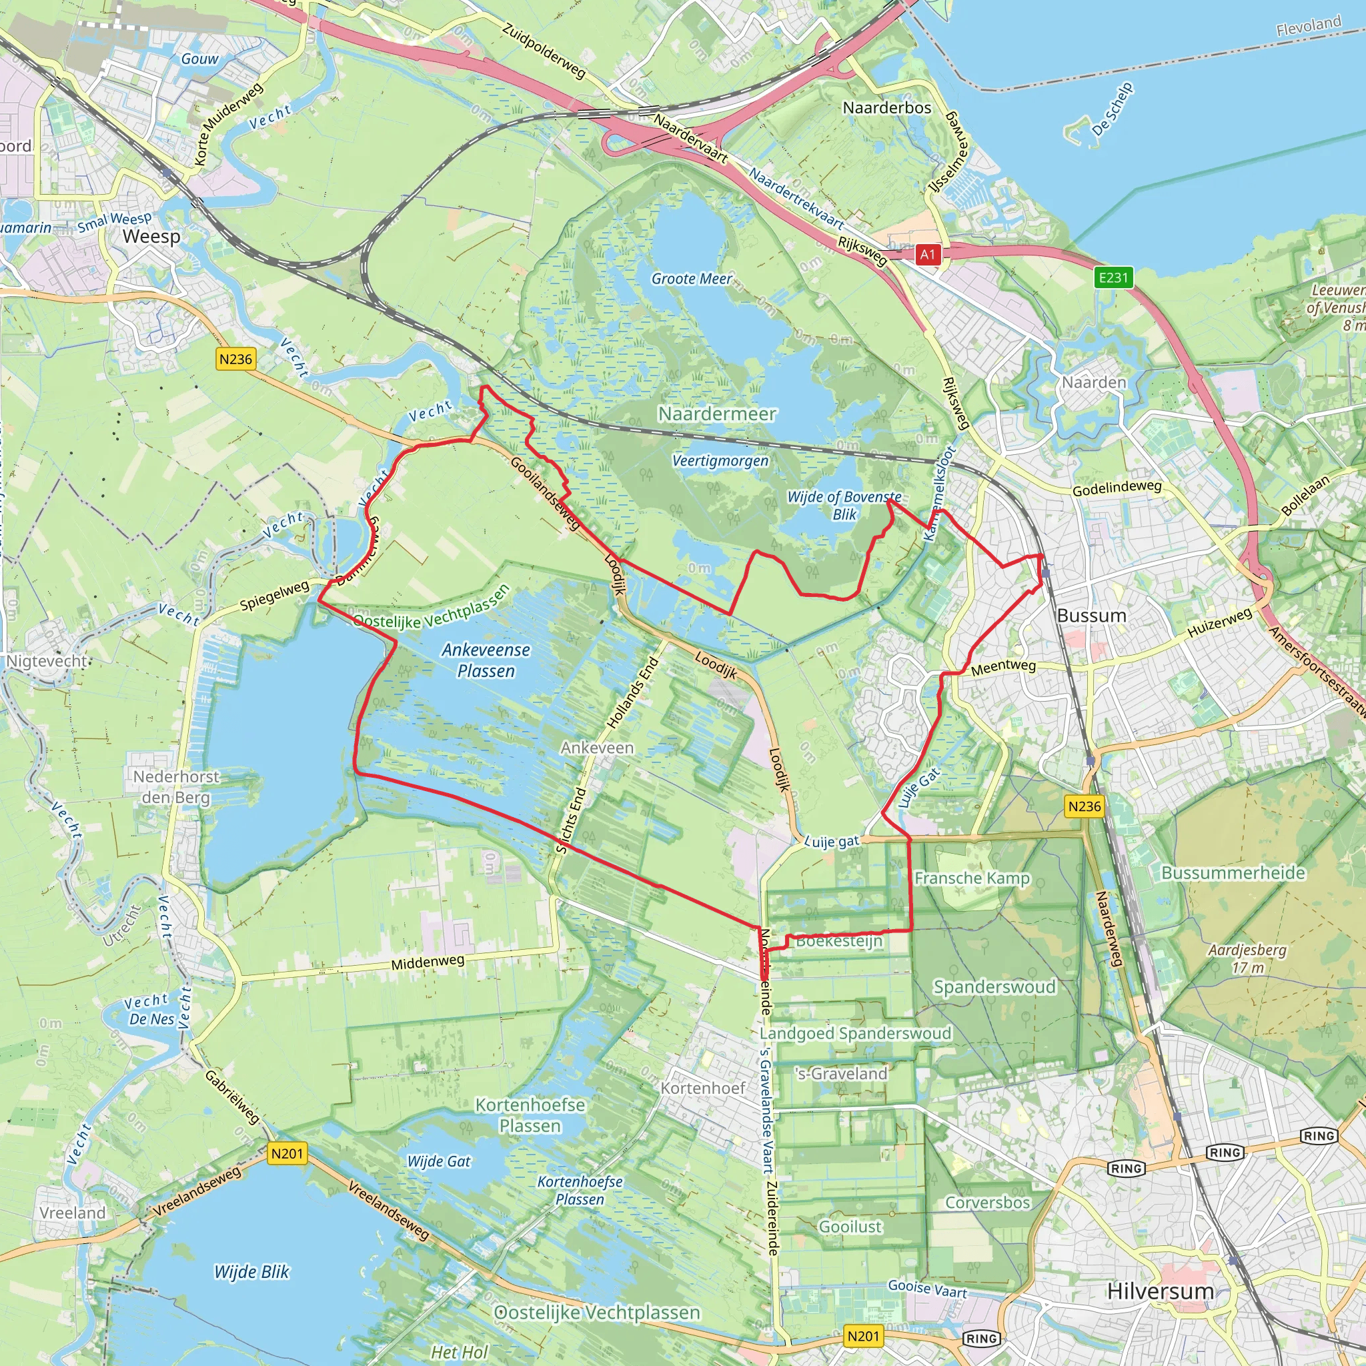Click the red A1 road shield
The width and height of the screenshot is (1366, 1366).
click(x=928, y=255)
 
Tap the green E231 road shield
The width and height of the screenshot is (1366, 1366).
click(x=1114, y=277)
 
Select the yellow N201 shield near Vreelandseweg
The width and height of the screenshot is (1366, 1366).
click(x=287, y=1154)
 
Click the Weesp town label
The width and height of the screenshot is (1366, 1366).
click(x=151, y=236)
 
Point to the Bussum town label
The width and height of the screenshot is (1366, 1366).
click(x=1091, y=615)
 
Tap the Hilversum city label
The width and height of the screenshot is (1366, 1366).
click(x=1161, y=1291)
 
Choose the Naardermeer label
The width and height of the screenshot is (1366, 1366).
click(x=717, y=414)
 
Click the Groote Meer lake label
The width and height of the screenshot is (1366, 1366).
click(x=692, y=279)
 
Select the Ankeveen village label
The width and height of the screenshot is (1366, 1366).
click(x=598, y=747)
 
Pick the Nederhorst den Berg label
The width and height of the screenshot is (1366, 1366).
click(x=176, y=787)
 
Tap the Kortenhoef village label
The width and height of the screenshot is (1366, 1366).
click(x=703, y=1087)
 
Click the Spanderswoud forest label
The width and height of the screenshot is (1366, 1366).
click(x=994, y=986)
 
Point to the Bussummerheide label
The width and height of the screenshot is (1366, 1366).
click(x=1233, y=872)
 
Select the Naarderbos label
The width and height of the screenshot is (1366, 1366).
click(x=886, y=107)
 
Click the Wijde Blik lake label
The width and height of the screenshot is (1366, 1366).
click(x=251, y=1272)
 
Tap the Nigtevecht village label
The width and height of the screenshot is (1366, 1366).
click(x=47, y=661)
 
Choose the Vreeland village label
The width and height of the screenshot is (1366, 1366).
click(x=72, y=1213)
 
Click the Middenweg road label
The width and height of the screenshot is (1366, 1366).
click(x=428, y=962)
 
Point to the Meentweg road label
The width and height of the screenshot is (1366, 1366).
click(x=1002, y=667)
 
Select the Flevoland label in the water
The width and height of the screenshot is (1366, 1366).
click(x=1308, y=26)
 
